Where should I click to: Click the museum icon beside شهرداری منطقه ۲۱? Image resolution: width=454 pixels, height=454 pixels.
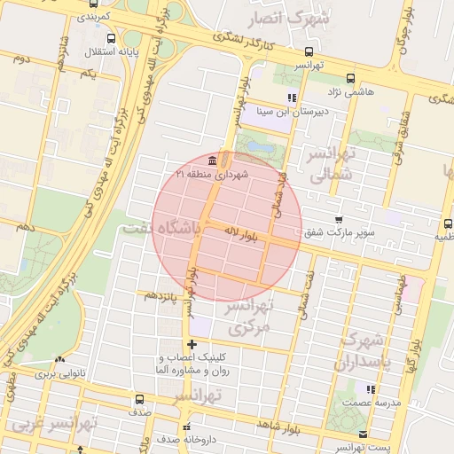pyautogui.click(x=212, y=161)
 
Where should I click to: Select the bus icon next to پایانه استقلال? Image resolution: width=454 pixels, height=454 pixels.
pyautogui.click(x=109, y=40)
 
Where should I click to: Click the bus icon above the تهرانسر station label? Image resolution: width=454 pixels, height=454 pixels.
pyautogui.click(x=308, y=51)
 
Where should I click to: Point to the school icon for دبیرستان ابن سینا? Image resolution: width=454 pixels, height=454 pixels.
pyautogui.click(x=291, y=98)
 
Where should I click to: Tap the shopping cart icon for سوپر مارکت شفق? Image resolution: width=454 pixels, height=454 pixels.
pyautogui.click(x=338, y=219)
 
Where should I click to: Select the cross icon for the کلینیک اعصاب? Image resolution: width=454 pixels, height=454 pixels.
pyautogui.click(x=192, y=344)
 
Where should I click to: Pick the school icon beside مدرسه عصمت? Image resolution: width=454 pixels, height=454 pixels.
pyautogui.click(x=371, y=388)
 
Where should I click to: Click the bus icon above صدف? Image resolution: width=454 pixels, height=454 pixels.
pyautogui.click(x=137, y=399)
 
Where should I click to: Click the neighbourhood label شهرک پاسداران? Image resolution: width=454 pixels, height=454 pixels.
pyautogui.click(x=360, y=352)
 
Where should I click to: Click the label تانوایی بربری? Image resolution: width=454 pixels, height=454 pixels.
pyautogui.click(x=59, y=374)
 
